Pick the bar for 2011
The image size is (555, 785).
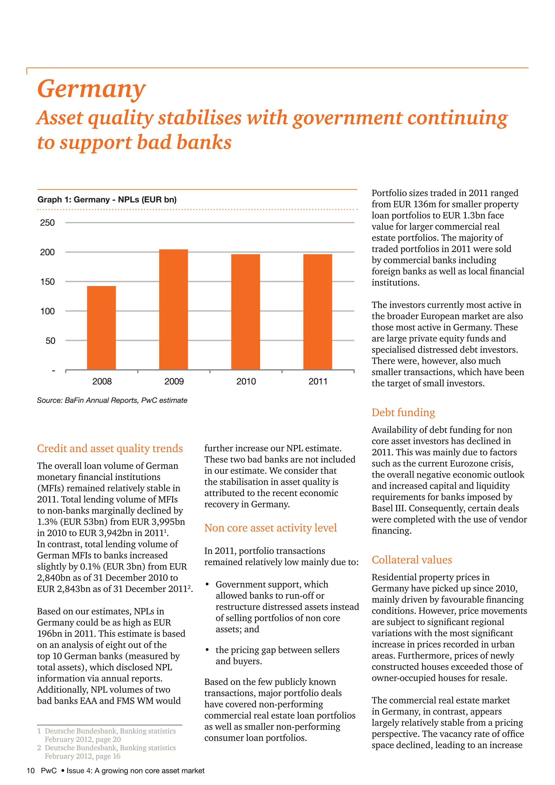click(318, 312)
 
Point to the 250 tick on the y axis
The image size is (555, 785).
click(47, 223)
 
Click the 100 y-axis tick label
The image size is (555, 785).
click(47, 311)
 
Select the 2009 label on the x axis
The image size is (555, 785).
click(174, 382)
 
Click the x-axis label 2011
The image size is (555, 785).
click(318, 382)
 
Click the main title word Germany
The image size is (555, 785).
click(91, 89)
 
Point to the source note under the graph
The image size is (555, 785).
click(112, 400)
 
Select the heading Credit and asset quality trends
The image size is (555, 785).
click(110, 448)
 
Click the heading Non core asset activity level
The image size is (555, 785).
click(270, 528)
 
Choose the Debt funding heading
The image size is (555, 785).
click(403, 412)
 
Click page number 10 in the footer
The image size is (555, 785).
click(30, 771)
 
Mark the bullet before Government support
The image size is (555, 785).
click(207, 584)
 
